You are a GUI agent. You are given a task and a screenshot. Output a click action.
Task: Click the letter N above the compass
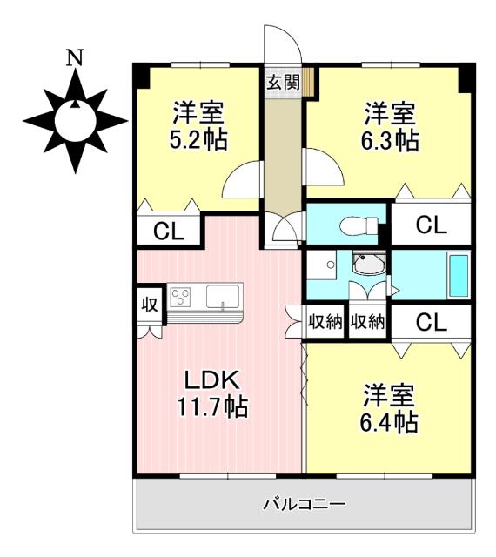77,58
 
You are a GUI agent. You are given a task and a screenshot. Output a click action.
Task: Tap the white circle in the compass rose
76,119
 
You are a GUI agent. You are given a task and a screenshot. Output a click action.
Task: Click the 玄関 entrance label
282,84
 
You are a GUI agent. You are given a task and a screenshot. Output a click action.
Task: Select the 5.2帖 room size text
198,127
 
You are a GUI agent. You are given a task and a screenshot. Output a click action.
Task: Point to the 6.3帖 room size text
389,127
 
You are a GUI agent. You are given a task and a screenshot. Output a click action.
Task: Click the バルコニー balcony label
304,504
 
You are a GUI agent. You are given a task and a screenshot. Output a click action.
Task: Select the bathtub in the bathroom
458,276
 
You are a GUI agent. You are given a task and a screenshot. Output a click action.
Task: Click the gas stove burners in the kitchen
181,298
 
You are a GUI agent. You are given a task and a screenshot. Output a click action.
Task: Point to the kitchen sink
224,298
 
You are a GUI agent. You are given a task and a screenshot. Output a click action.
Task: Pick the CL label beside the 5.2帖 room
167,232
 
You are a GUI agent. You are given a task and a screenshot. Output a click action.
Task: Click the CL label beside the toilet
431,225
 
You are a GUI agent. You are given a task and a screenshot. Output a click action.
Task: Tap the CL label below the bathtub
431,322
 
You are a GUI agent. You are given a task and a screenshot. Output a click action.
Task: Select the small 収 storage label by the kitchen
149,305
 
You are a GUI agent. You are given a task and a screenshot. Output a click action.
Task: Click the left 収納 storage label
325,322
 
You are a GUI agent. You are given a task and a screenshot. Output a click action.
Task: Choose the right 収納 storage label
367,322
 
